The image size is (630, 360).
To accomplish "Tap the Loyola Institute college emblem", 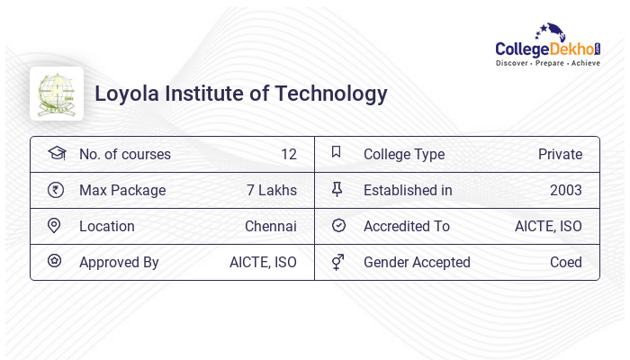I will [x=57, y=94].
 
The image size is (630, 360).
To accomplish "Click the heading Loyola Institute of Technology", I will [x=241, y=94].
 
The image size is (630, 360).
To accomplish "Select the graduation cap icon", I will [x=56, y=154].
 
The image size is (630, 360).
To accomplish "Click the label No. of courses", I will [x=125, y=154].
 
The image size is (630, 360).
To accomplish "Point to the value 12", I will [x=288, y=154].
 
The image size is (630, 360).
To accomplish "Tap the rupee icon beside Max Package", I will [x=56, y=190].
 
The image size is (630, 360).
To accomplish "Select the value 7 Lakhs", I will [x=271, y=190].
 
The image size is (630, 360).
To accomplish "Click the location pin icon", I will [x=56, y=226].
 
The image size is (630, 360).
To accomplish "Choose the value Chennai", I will [x=270, y=226].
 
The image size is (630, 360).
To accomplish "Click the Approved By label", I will [x=119, y=262].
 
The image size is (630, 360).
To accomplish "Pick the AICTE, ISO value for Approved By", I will [x=263, y=262].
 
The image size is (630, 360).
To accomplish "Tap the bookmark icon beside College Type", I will [x=337, y=153].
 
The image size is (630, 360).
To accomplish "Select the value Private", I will [x=560, y=154].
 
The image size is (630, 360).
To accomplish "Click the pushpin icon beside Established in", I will [x=337, y=190].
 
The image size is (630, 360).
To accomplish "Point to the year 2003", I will [x=565, y=190].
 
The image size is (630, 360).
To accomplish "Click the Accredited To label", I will [x=407, y=226].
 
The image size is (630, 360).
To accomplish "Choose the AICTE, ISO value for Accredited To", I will [x=548, y=226].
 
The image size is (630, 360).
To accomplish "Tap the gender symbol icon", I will [x=337, y=262].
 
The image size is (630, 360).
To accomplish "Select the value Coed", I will [x=565, y=262].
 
